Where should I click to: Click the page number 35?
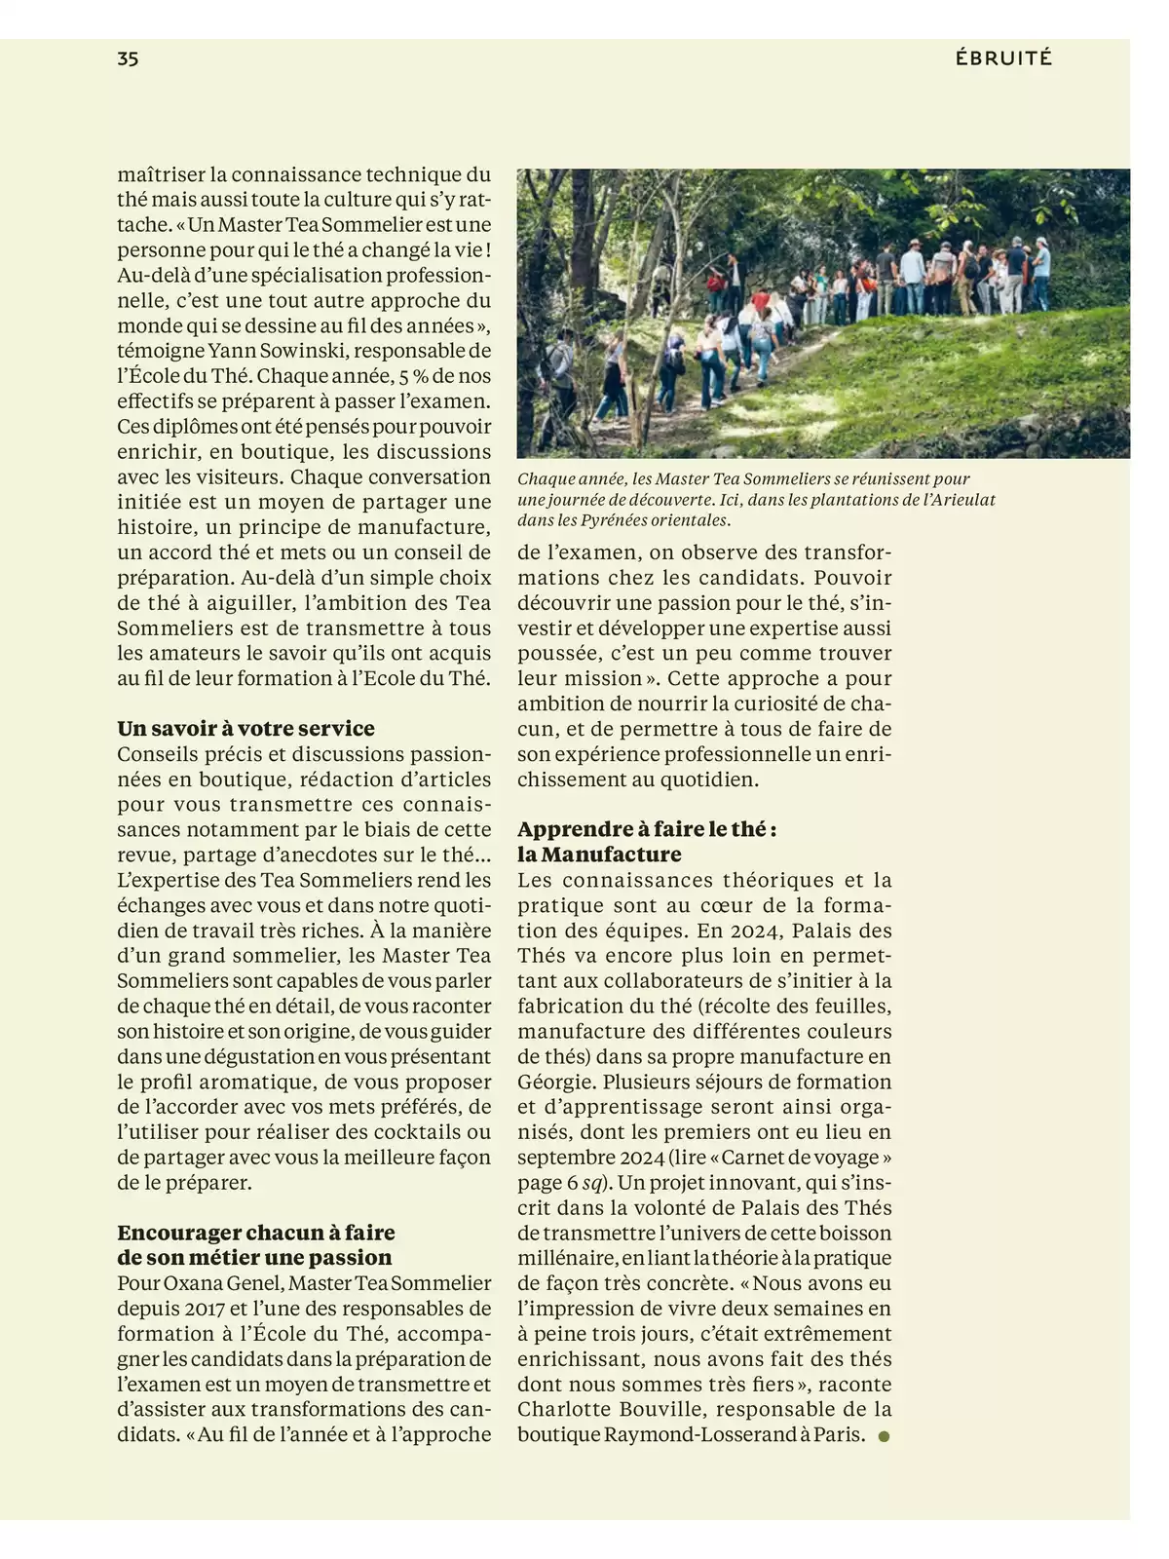tap(128, 58)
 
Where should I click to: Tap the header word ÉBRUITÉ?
tap(1003, 58)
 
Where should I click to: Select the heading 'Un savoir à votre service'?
tap(245, 729)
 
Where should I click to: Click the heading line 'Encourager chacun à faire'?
tap(256, 1233)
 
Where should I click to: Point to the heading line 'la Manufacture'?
tap(599, 855)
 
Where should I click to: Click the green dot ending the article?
tap(884, 1436)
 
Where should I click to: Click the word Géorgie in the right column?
tap(556, 1082)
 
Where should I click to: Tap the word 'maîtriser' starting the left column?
tap(160, 175)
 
